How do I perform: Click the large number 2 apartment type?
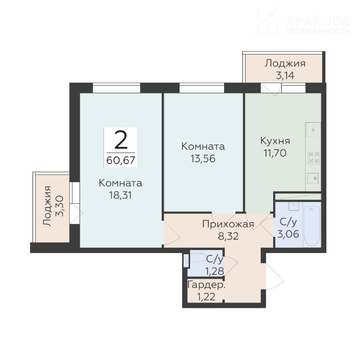click(x=121, y=139)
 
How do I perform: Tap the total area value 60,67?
click(x=121, y=160)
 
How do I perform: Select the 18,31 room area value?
click(x=120, y=196)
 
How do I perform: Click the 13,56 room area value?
click(x=203, y=158)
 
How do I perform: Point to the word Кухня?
click(x=275, y=141)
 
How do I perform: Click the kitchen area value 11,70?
click(x=275, y=153)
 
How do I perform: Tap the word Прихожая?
click(x=228, y=224)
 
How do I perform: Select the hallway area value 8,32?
click(x=228, y=236)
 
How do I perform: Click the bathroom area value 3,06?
click(x=288, y=234)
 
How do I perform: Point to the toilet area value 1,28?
click(x=215, y=272)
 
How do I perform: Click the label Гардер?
click(x=207, y=285)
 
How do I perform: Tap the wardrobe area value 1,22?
click(x=206, y=297)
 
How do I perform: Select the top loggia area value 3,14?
click(x=285, y=75)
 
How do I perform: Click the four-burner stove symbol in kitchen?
click(x=314, y=158)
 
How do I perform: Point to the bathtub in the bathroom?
click(x=312, y=226)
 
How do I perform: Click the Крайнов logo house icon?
click(x=267, y=21)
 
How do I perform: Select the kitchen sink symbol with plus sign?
click(x=314, y=178)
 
